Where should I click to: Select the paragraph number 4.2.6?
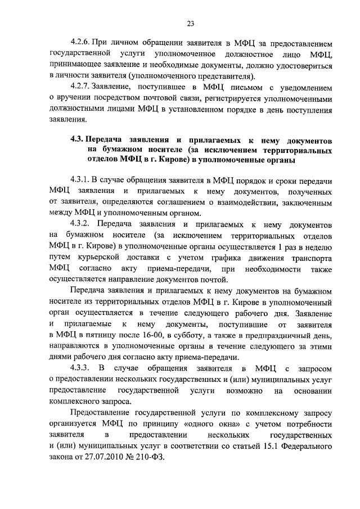click(80, 43)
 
